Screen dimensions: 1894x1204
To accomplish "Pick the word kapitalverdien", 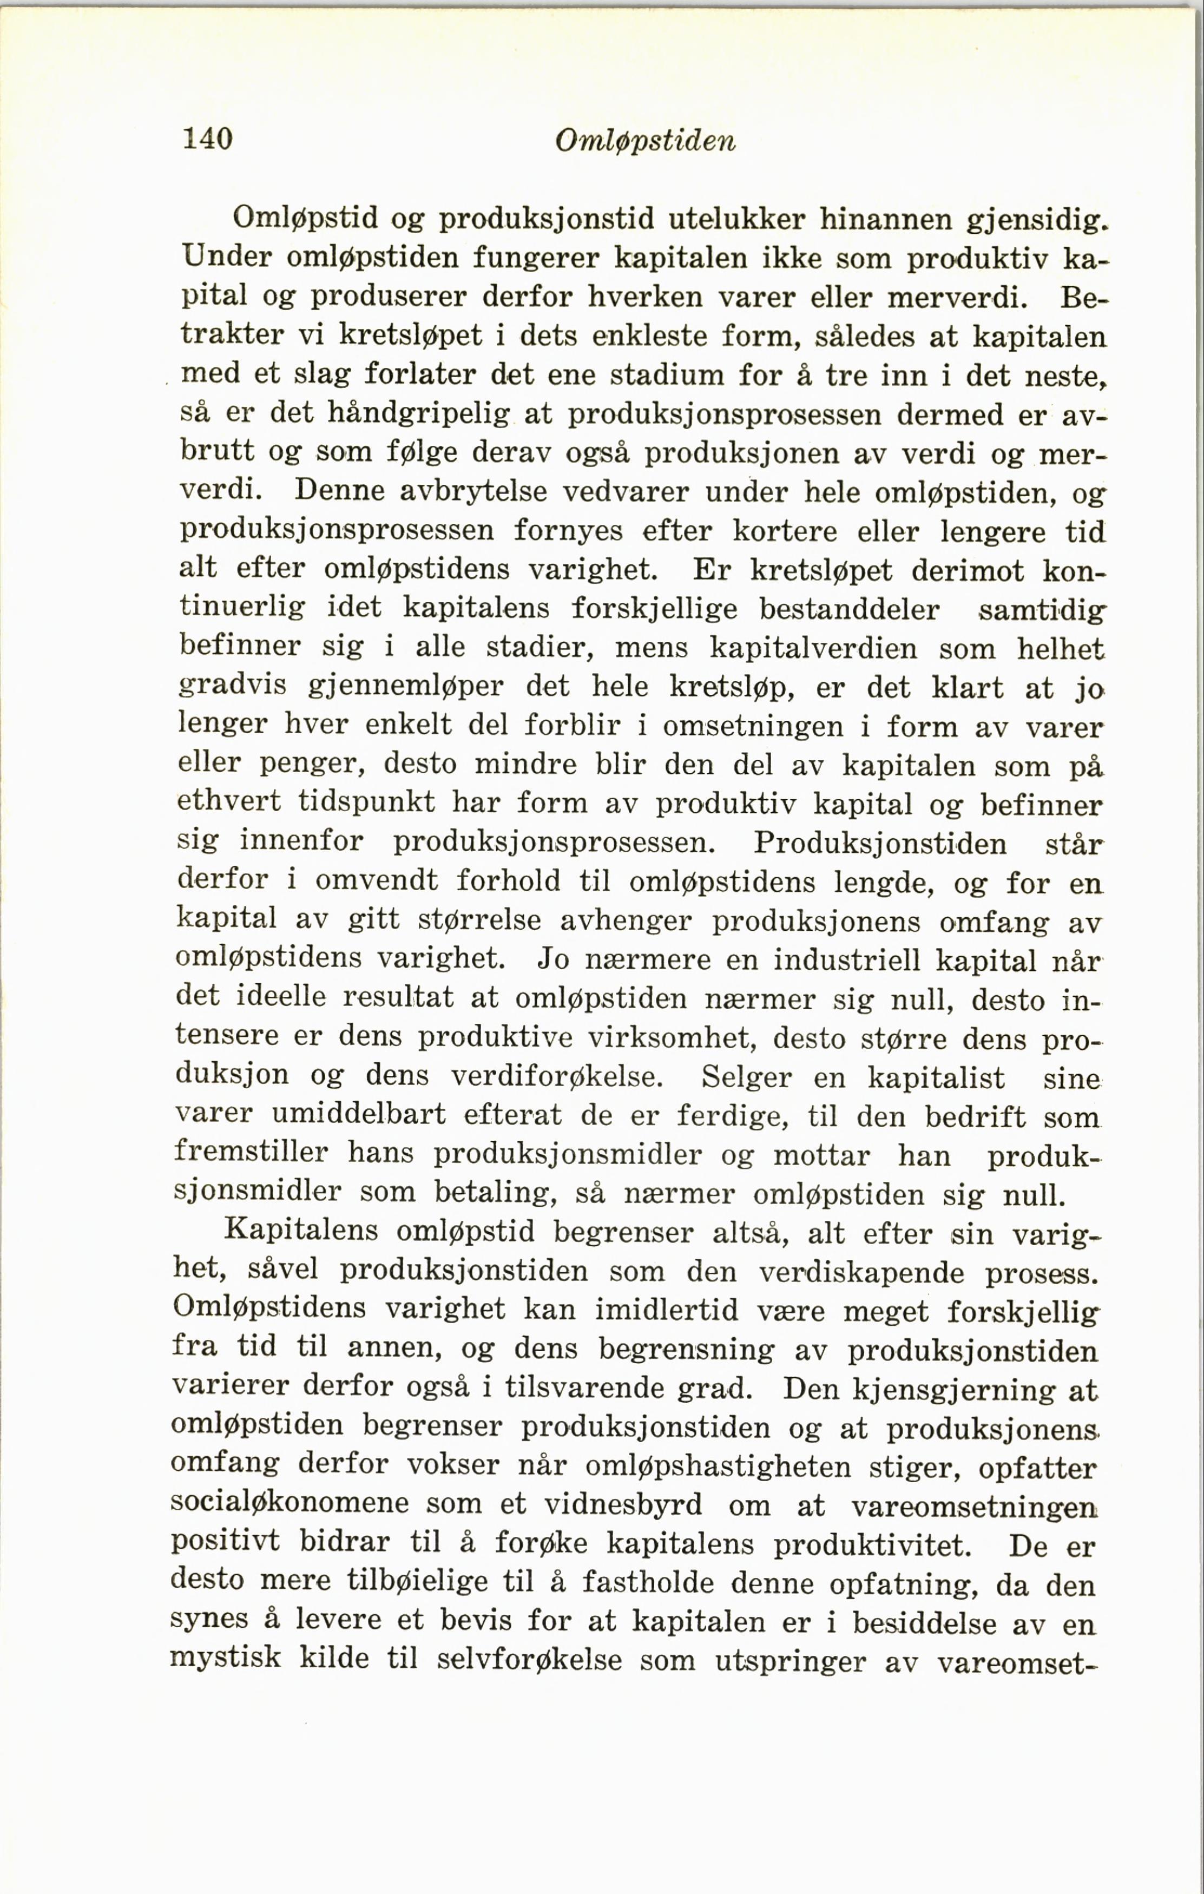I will [814, 648].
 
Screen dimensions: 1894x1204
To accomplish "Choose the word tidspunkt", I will [366, 803].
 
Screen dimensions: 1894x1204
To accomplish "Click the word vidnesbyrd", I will [623, 1505].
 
